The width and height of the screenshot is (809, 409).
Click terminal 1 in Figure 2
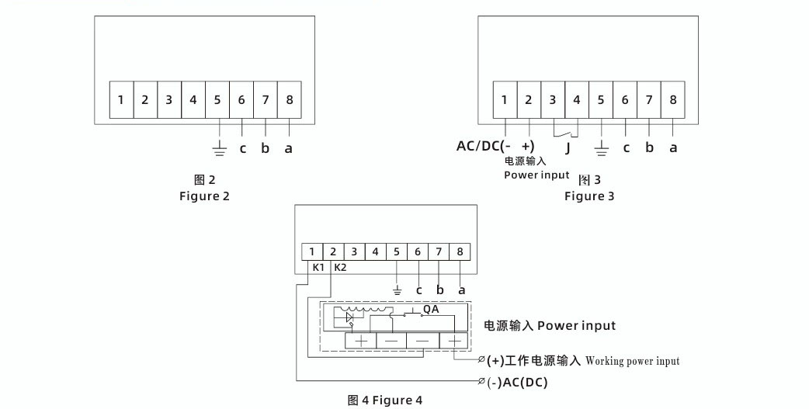pos(121,100)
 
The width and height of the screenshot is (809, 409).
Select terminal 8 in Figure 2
pos(289,100)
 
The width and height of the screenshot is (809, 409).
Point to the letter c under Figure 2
pos(242,147)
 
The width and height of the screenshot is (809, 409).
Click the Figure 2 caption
pos(204,196)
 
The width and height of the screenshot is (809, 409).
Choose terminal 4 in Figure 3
pos(577,100)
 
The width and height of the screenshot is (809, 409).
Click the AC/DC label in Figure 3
pos(481,147)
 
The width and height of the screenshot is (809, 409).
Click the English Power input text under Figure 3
pos(536,175)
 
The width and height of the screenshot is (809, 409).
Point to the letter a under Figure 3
pos(673,147)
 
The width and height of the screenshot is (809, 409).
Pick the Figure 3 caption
pos(589,196)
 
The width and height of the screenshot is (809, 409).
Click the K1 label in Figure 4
pos(318,268)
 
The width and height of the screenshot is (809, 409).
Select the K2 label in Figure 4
pos(339,268)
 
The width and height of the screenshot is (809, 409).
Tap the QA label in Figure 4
pos(431,309)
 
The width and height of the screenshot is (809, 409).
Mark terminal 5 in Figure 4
pos(397,251)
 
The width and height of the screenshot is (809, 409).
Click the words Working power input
pos(632,361)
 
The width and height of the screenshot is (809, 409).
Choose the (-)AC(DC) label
pos(518,383)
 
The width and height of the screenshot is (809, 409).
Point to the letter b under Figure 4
pos(440,290)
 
